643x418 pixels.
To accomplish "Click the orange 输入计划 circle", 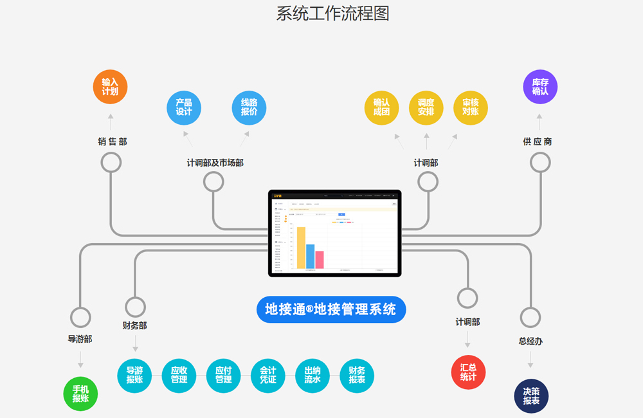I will coord(110,87).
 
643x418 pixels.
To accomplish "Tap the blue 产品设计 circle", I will coord(184,107).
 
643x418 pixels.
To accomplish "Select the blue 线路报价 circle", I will coord(249,107).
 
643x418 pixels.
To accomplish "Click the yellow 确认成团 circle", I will coord(381,107).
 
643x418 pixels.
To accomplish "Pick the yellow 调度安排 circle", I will coord(426,107).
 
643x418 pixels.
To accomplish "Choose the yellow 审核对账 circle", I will coord(470,107).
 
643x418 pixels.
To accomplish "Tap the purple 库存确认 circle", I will coord(540,87).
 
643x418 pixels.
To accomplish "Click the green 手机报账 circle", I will coord(81,394).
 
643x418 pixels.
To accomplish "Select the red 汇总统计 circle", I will coord(468,372).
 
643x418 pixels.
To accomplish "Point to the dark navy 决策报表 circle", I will coord(531,395).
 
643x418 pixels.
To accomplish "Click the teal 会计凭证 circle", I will coord(267,376).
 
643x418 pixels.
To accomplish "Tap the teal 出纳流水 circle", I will coord(312,376).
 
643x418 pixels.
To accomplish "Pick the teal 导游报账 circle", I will coord(134,376).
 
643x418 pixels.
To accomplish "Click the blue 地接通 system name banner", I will coord(331,309).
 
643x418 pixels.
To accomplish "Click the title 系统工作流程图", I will coord(332,14).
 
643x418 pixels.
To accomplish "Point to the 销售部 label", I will coord(113,141).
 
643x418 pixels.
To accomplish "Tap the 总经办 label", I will coord(530,341).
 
